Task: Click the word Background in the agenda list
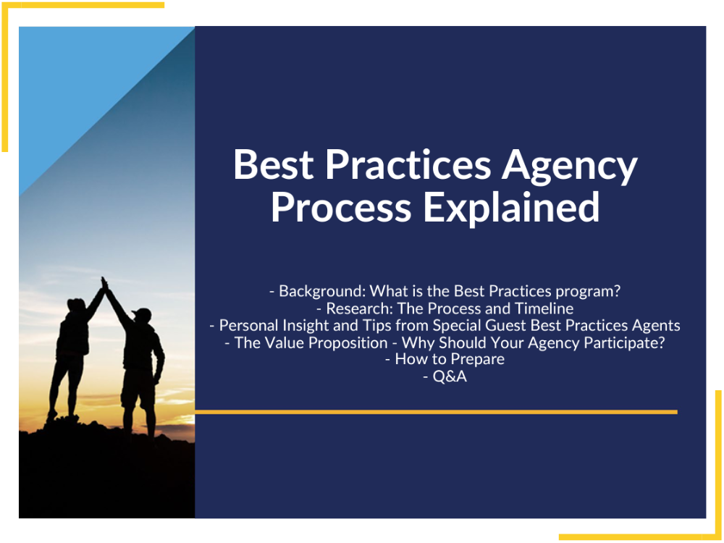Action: pyautogui.click(x=319, y=291)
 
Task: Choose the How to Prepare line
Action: pyautogui.click(x=450, y=359)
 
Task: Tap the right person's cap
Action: pyautogui.click(x=143, y=313)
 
